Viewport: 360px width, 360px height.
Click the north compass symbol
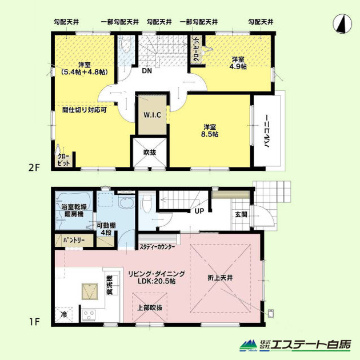click(x=342, y=23)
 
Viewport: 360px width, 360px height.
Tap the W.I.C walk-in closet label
click(x=152, y=115)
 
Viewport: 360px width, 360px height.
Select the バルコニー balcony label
click(x=266, y=131)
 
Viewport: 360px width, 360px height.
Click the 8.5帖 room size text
click(x=210, y=134)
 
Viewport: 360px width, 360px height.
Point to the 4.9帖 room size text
click(x=238, y=67)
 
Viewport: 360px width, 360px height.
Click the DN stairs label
click(x=147, y=71)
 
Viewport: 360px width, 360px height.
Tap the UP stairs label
click(x=199, y=211)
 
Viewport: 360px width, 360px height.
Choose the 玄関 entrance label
click(x=241, y=214)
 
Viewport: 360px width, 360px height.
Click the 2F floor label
click(x=34, y=168)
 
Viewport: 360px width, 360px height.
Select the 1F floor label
click(x=34, y=322)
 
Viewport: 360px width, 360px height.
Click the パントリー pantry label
click(x=74, y=241)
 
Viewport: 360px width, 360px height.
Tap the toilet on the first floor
click(x=146, y=203)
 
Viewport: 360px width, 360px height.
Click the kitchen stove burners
click(x=89, y=314)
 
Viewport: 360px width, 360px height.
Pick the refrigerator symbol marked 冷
click(x=63, y=315)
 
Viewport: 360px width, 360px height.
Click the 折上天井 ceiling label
click(x=220, y=278)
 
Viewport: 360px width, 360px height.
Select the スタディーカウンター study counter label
click(x=157, y=247)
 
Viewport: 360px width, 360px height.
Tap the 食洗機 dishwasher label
click(x=110, y=285)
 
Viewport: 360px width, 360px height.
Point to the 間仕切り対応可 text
click(x=85, y=110)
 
